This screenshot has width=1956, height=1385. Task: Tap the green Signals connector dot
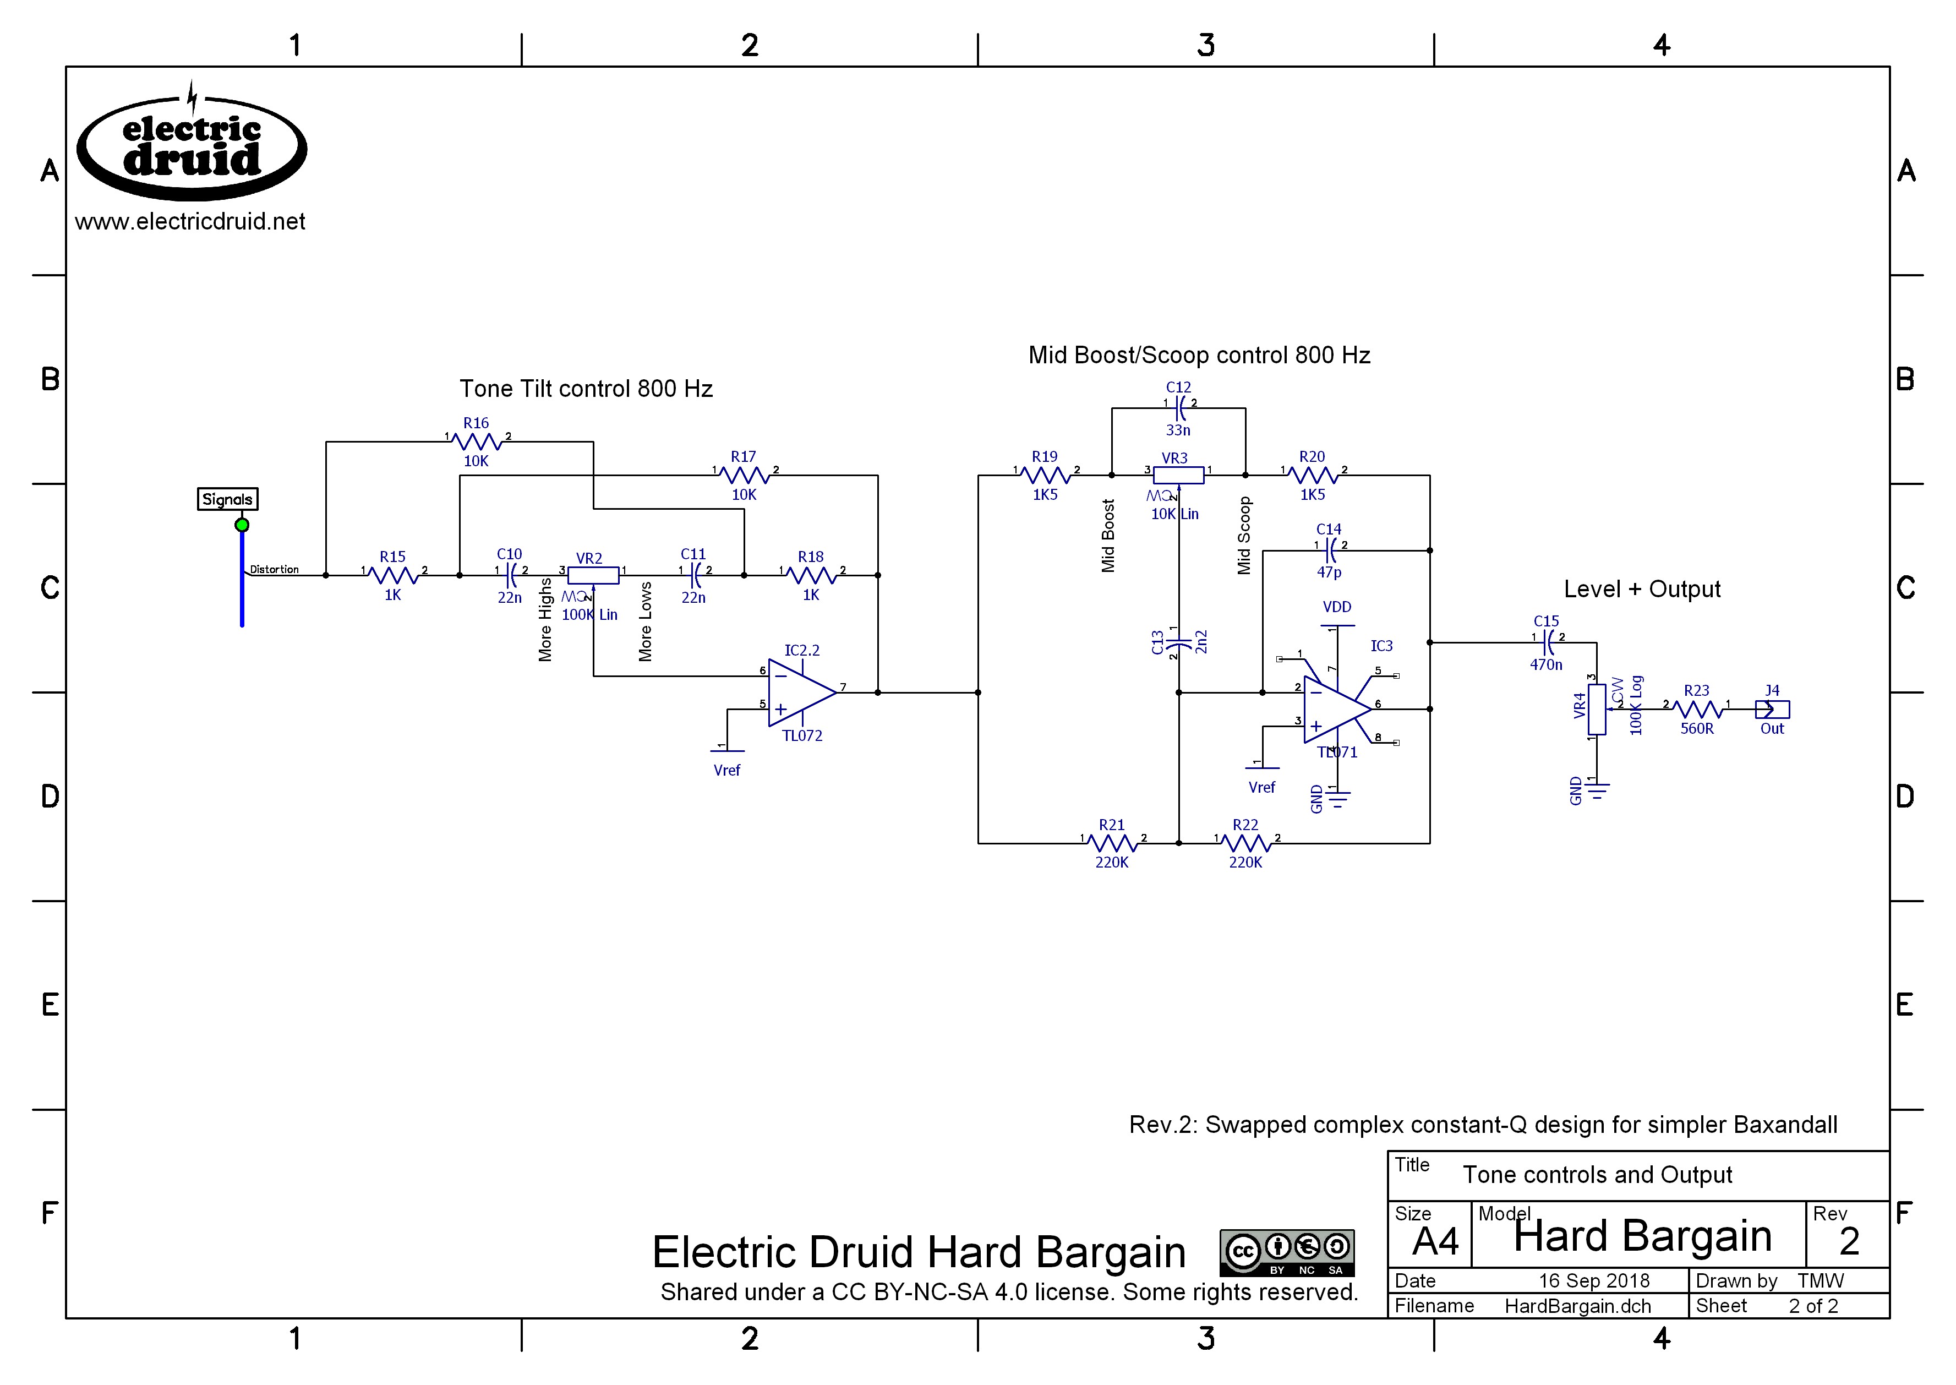tap(242, 525)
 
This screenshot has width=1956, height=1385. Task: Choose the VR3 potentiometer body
tap(1178, 475)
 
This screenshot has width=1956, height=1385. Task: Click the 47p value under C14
tap(1329, 572)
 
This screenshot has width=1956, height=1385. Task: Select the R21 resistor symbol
tap(1113, 843)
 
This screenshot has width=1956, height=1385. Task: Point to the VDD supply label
tap(1337, 607)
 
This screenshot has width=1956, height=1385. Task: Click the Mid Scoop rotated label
tap(1244, 536)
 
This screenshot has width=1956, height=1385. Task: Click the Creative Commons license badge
tap(1287, 1252)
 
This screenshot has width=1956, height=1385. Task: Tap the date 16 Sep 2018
tap(1594, 1281)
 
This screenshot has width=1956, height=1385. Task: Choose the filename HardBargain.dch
tap(1577, 1306)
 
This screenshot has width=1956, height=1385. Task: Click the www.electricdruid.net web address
tap(190, 222)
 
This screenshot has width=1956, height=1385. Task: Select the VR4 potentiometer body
tap(1597, 708)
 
